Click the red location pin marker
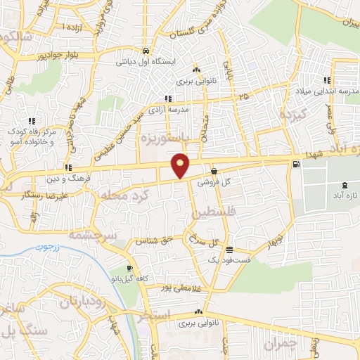pyautogui.click(x=181, y=165)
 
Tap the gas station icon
pyautogui.click(x=295, y=165)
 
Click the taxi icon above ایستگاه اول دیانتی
pyautogui.click(x=145, y=51)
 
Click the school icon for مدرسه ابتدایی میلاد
pyautogui.click(x=327, y=79)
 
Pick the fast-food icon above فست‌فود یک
pyautogui.click(x=229, y=250)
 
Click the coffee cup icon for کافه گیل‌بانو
pyautogui.click(x=129, y=269)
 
